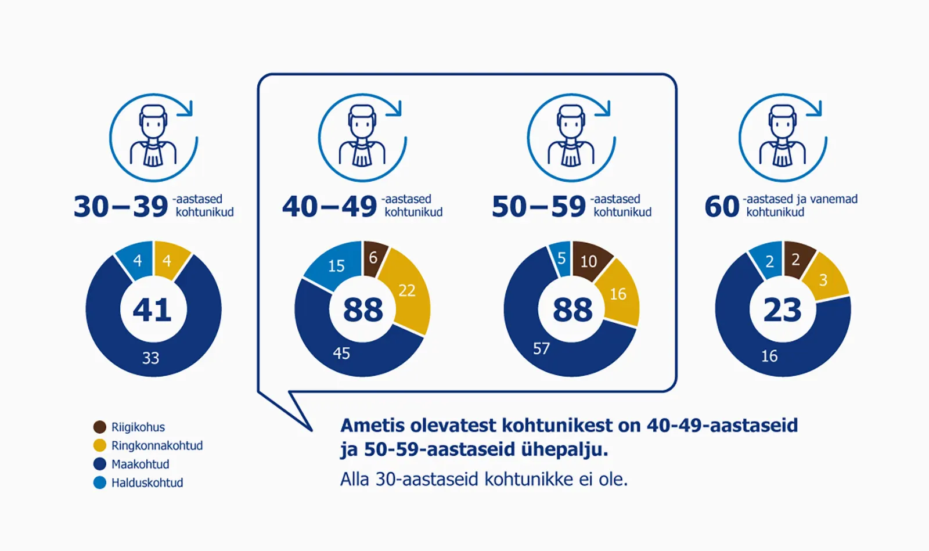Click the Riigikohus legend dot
100,427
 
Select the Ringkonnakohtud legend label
157,446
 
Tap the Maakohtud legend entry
140,464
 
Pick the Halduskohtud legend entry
147,483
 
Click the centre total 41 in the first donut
153,309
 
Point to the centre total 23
782,309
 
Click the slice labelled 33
151,358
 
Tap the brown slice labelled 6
373,257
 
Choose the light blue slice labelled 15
336,266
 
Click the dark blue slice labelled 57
541,348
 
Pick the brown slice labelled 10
589,261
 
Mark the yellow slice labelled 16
618,294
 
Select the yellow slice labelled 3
823,280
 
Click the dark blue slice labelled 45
341,353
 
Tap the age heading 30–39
121,207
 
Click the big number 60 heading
722,207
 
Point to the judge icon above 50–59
571,138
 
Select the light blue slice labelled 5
561,258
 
